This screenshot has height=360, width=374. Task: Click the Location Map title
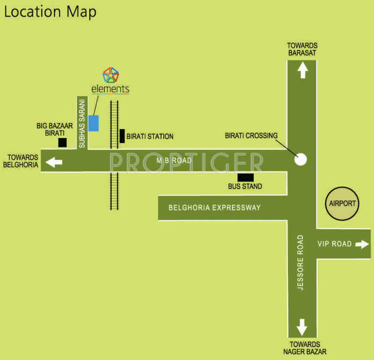50,11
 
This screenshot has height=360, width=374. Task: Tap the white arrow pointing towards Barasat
302,71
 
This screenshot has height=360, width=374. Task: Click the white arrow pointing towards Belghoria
54,162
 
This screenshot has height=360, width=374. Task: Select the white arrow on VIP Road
362,244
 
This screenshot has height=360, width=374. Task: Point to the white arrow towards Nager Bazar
302,326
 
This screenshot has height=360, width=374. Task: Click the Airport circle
342,204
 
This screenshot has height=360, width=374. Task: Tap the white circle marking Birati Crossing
301,159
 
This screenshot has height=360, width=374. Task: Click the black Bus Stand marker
245,177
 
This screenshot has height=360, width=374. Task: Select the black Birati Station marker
122,136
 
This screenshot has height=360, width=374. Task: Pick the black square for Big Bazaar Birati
62,143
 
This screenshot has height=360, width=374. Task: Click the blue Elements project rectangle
94,123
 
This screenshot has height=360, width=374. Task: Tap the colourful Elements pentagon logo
111,75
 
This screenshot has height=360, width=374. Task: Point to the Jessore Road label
301,262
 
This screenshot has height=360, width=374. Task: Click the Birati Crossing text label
251,136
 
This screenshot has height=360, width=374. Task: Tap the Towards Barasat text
302,49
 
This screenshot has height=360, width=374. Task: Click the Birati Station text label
150,137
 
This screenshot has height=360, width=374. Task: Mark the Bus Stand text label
245,187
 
